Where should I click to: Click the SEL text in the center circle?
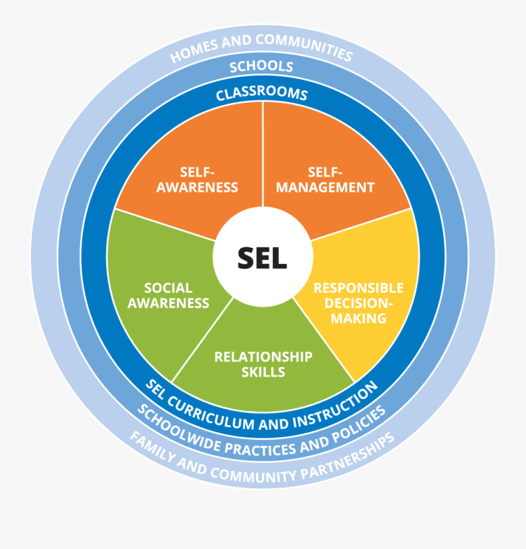click(262, 258)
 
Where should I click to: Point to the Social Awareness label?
click(168, 295)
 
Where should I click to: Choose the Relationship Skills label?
click(263, 364)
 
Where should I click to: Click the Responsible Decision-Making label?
click(358, 303)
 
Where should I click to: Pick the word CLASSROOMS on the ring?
click(262, 93)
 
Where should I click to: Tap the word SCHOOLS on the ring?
click(261, 66)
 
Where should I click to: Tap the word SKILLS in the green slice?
click(263, 371)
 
